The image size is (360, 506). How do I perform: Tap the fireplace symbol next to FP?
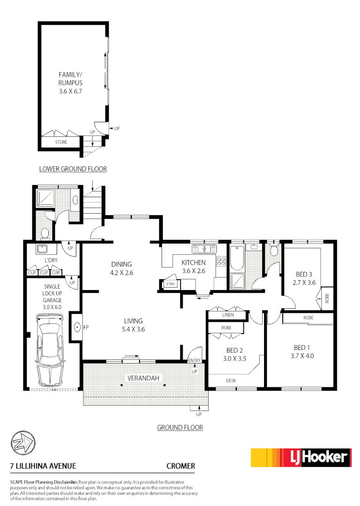77,327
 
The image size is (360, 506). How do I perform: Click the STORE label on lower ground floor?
61,142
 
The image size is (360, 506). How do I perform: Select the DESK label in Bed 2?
231,380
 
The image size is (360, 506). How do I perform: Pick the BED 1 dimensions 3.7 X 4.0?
301,356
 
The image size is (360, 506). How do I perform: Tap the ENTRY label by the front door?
194,360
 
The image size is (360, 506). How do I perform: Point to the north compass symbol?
22,442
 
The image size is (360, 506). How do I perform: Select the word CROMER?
181,466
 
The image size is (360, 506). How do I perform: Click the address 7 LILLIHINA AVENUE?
43,466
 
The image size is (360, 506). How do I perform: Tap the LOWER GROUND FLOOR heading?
73,169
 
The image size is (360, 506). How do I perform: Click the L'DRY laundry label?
51,260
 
